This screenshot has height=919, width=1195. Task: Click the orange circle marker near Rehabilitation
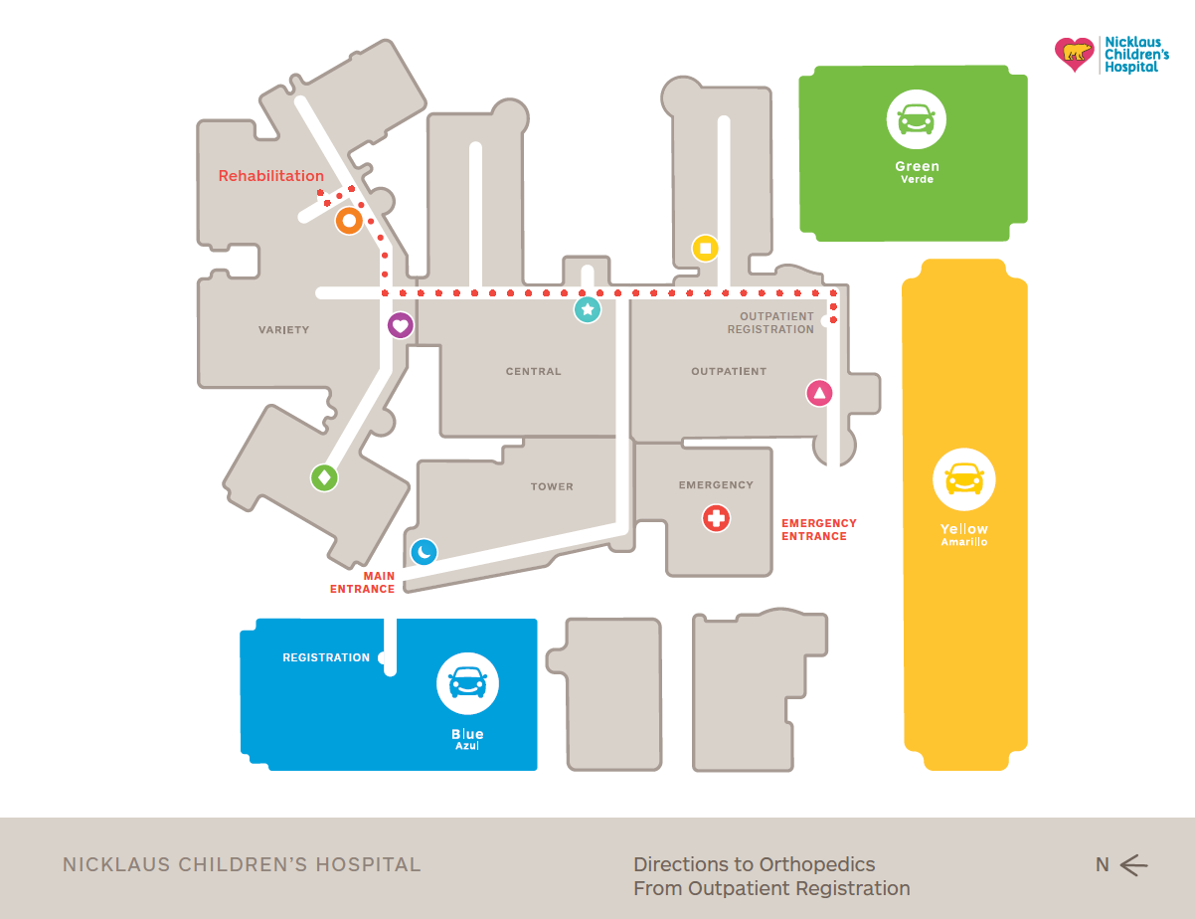[349, 222]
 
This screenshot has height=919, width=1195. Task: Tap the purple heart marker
[400, 324]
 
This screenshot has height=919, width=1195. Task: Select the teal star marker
[588, 309]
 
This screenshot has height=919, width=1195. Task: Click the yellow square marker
[705, 248]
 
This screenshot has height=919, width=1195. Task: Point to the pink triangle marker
[819, 393]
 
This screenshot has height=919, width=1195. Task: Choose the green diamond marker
[324, 477]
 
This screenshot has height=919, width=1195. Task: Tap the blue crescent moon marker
[425, 551]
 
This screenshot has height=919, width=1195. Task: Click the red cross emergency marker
[716, 517]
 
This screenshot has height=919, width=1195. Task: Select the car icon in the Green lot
[916, 118]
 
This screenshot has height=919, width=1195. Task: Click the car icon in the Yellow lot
[963, 479]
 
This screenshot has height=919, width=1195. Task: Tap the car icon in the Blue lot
[467, 683]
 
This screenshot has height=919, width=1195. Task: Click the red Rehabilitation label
[271, 176]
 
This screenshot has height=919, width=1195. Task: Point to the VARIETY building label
[284, 330]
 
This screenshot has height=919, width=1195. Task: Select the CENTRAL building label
[534, 372]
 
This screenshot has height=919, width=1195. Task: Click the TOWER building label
[552, 486]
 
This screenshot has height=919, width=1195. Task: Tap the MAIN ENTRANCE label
[363, 583]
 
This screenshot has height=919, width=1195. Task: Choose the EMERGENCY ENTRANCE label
[819, 529]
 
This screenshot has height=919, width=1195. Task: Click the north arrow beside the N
[1134, 865]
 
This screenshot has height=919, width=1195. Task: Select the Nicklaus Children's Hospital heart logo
[1074, 55]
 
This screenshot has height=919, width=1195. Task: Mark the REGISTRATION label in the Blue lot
[326, 657]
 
